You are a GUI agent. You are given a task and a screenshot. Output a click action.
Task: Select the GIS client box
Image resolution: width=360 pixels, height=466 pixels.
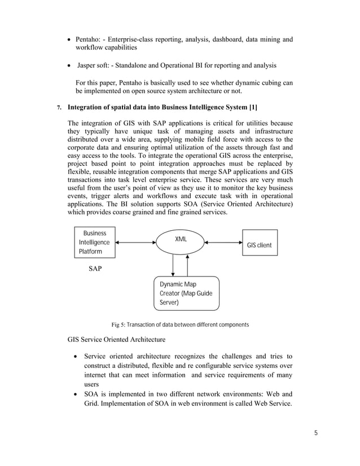point(260,243)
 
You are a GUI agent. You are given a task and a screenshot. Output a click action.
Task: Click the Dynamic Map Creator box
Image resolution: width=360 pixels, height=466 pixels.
point(186,293)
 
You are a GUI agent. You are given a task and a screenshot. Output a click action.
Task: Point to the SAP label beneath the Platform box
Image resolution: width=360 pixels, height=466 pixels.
point(95,269)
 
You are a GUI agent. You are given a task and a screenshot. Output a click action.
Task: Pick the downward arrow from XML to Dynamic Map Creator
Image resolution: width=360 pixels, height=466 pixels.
point(173,266)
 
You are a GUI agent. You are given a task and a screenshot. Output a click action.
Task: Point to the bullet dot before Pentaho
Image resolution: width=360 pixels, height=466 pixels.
point(69,40)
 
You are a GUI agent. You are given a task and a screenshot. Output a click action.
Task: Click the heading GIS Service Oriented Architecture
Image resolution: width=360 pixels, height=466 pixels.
point(116,340)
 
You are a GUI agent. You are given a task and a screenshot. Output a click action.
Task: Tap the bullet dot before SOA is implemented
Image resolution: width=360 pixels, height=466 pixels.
point(76,393)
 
